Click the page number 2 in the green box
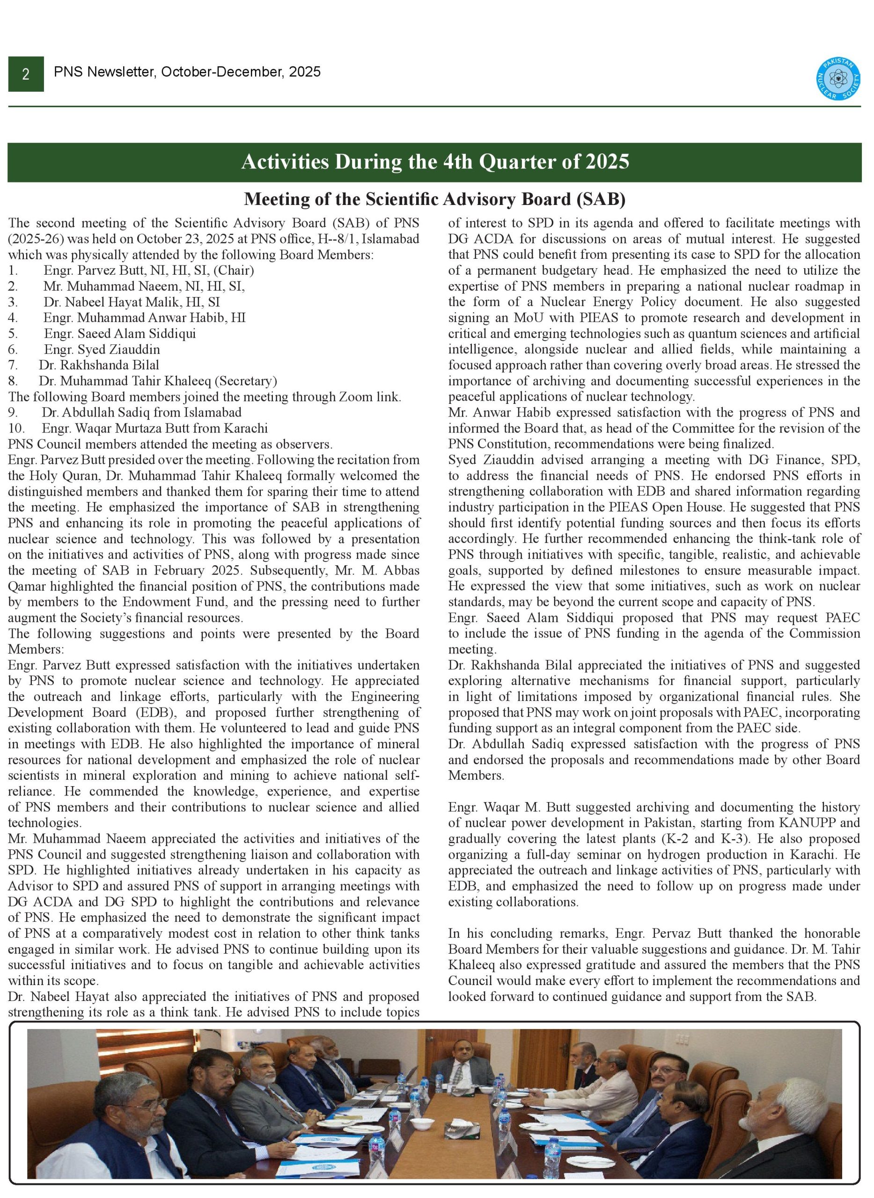pyautogui.click(x=25, y=74)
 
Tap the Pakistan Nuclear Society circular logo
pyautogui.click(x=838, y=78)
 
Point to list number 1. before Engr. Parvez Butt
pyautogui.click(x=13, y=270)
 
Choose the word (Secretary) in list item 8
pyautogui.click(x=248, y=381)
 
